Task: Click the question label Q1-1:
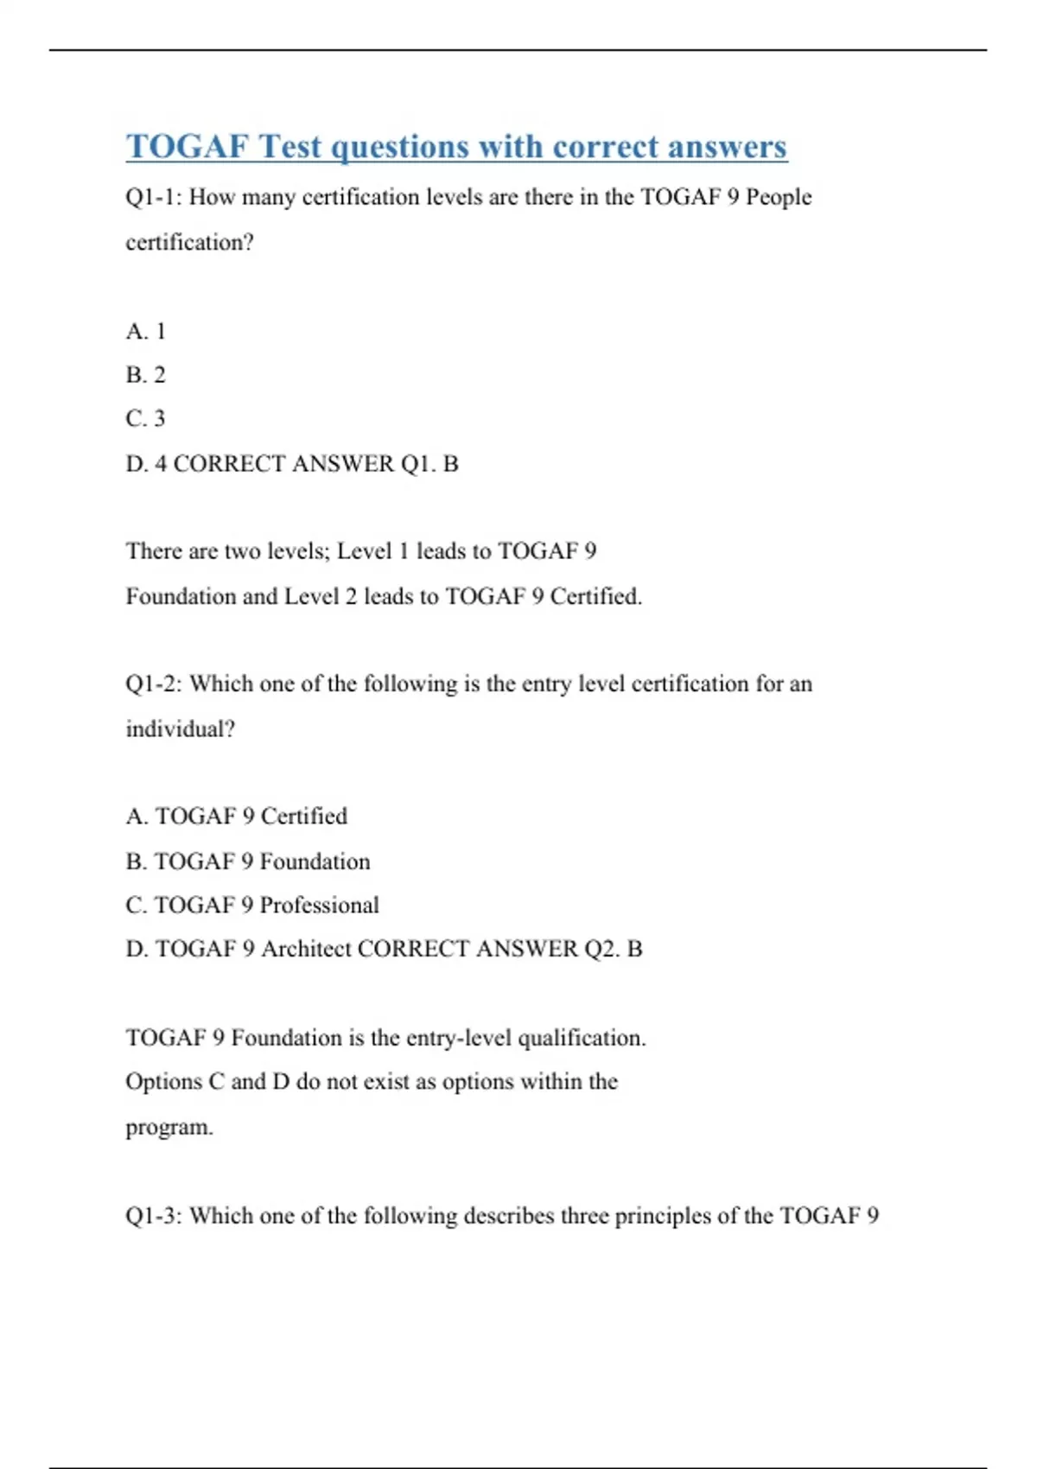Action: point(154,197)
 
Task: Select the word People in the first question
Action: point(779,197)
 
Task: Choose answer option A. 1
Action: point(145,331)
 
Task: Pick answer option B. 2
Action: point(145,375)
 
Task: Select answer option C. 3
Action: point(145,419)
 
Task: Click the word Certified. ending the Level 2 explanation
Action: point(596,596)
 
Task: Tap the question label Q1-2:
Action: point(154,684)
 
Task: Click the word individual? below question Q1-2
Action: point(180,729)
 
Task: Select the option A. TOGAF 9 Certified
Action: point(236,817)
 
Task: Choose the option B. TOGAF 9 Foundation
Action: point(247,862)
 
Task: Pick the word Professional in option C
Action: point(319,906)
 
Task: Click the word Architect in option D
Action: point(306,949)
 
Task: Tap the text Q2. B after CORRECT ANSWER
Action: point(614,949)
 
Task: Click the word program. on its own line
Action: point(169,1128)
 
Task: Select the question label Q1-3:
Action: point(154,1216)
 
